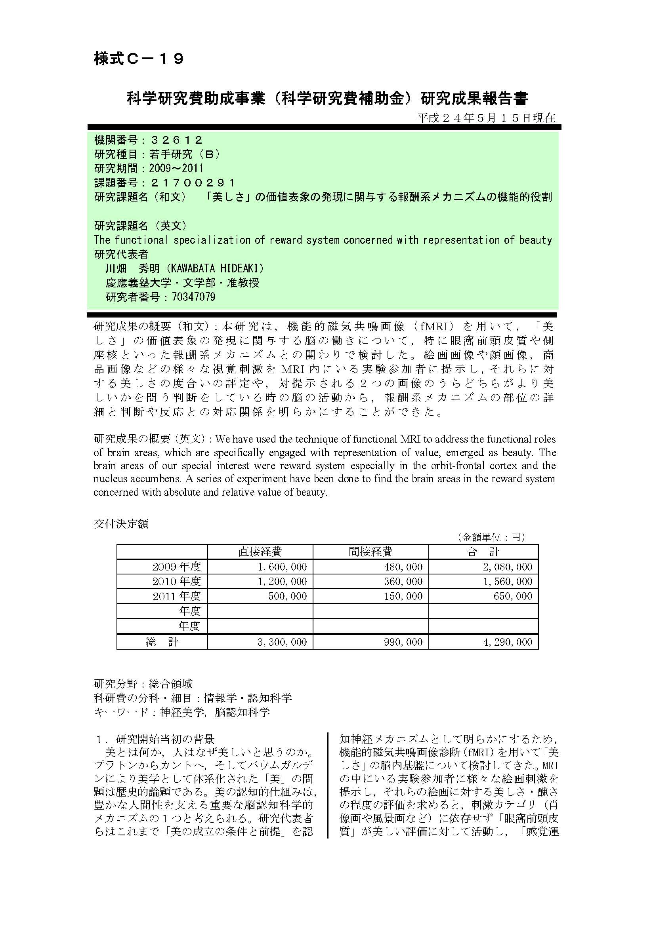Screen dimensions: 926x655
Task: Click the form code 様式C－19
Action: [139, 59]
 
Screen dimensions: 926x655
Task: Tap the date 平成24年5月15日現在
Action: [486, 118]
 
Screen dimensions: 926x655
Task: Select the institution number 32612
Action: [176, 140]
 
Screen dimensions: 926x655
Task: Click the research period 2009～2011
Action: [176, 168]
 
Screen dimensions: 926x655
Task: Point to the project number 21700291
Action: [193, 183]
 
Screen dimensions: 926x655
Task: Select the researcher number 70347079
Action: [193, 297]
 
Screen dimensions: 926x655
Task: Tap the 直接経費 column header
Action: [260, 551]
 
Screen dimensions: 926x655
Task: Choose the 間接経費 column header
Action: [370, 551]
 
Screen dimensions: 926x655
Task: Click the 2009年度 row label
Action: [176, 567]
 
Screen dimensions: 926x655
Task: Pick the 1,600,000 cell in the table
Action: [282, 567]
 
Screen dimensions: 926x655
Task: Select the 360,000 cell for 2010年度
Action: [403, 581]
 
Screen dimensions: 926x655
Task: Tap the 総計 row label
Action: [162, 642]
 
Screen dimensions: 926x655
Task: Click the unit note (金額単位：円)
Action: [491, 537]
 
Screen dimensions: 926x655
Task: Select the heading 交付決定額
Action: [121, 524]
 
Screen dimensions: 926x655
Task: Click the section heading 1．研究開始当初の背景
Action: [155, 739]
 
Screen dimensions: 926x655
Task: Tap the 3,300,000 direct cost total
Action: [282, 642]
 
